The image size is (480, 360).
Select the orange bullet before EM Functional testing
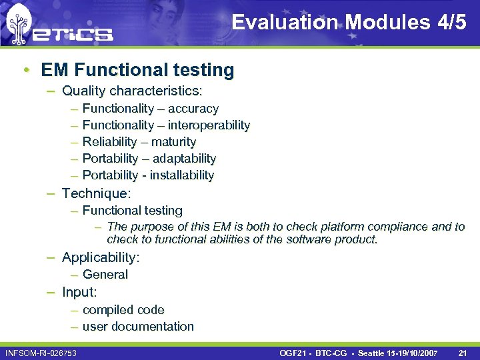25,70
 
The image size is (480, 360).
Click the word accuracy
193,109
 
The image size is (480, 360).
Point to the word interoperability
209,125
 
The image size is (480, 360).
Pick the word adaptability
184,159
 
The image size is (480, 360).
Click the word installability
182,175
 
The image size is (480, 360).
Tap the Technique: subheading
96,193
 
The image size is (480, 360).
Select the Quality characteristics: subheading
132,90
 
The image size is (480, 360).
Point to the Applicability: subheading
100,257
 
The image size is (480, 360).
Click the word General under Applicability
105,274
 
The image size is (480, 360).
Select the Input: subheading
79,292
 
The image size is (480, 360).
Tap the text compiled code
123,310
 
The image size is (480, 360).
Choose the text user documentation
138,327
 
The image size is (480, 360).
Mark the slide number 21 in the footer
463,352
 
